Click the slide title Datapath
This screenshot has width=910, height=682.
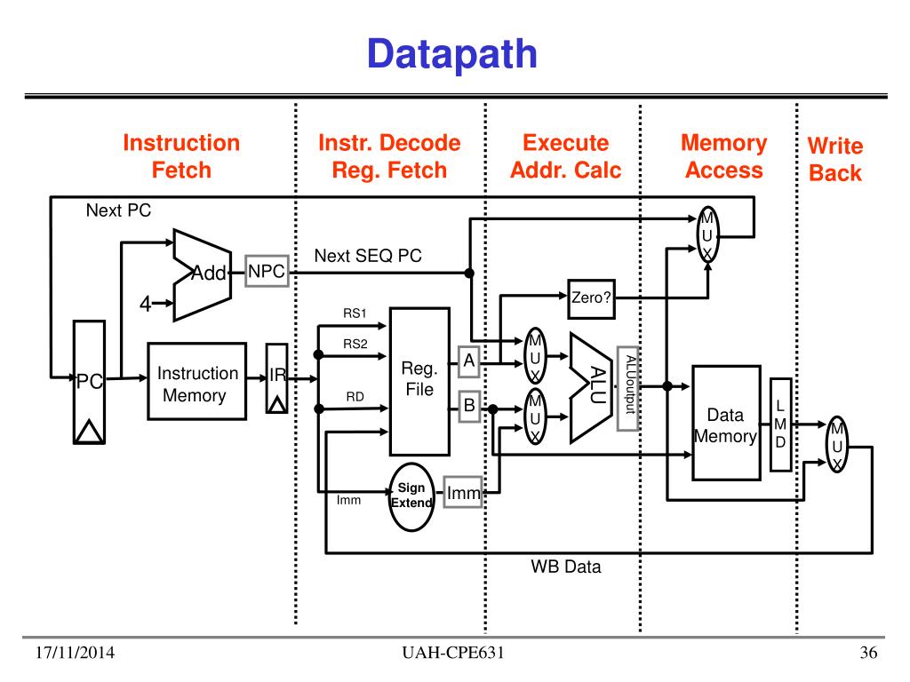click(x=452, y=54)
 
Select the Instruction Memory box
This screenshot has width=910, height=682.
click(x=197, y=385)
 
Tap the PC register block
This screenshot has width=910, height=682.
click(x=90, y=382)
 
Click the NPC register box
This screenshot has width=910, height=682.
click(x=267, y=272)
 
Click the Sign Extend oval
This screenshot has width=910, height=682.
click(x=411, y=496)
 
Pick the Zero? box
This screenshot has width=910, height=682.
click(x=591, y=299)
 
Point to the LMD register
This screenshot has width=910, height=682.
click(x=779, y=424)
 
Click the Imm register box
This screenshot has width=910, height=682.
click(x=463, y=494)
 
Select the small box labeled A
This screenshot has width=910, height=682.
click(x=469, y=359)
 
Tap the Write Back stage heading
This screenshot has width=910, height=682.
click(x=834, y=159)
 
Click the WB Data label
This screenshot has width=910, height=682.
click(x=566, y=566)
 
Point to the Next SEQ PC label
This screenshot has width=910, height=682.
click(x=368, y=256)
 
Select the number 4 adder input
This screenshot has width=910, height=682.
click(x=145, y=305)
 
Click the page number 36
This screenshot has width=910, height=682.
click(x=868, y=654)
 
